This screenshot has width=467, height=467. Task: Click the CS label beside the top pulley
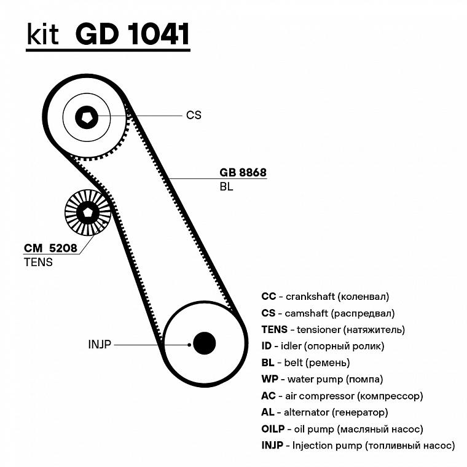click(x=194, y=115)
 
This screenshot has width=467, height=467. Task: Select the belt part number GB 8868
click(x=243, y=173)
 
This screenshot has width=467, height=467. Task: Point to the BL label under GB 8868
click(x=226, y=187)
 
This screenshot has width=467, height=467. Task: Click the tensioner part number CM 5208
click(x=50, y=248)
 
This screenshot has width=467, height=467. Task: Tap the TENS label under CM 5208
click(x=38, y=262)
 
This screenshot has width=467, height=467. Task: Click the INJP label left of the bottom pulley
click(x=100, y=344)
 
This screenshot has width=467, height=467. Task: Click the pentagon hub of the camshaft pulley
click(x=87, y=117)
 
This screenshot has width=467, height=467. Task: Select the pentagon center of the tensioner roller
click(x=87, y=213)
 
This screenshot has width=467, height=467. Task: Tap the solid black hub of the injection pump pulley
click(x=204, y=343)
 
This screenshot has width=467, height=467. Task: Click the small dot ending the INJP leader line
click(x=189, y=345)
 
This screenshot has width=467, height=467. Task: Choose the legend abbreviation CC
click(x=269, y=296)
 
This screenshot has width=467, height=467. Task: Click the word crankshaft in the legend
click(x=310, y=296)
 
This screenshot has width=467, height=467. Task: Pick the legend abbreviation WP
click(x=270, y=379)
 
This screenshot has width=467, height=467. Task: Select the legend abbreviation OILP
click(x=273, y=429)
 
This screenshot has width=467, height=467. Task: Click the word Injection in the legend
click(x=312, y=445)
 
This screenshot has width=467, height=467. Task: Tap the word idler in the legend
click(x=291, y=346)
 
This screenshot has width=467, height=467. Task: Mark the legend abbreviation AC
click(x=269, y=396)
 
